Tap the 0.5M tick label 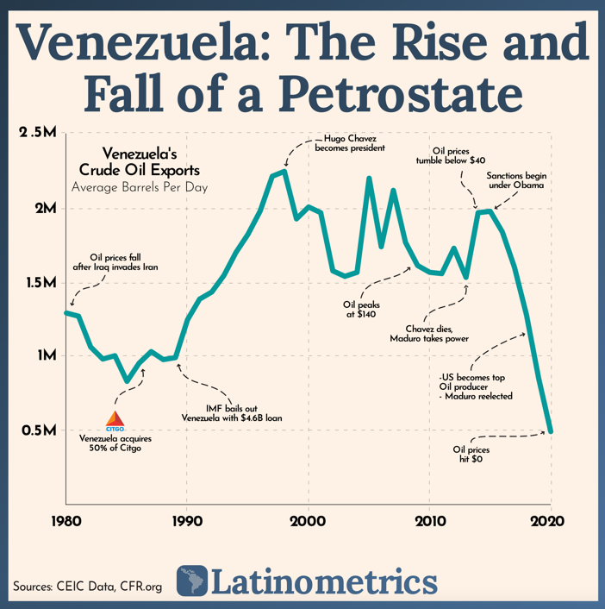[38, 430]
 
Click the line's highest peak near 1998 [284, 172]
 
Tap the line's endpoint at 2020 [551, 430]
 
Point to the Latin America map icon [191, 581]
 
